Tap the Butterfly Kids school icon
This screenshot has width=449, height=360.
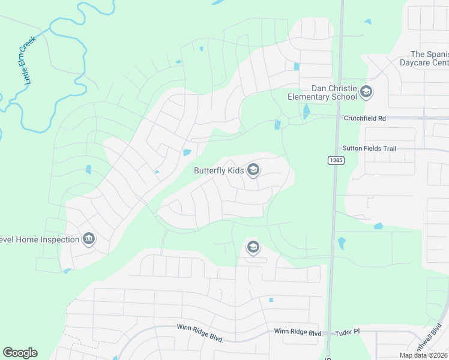pos(253,170)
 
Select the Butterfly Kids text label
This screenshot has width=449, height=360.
pos(218,170)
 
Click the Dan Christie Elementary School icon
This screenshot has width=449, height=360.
pos(366,92)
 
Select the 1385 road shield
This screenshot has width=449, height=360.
pos(336,160)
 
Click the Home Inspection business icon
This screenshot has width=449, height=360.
pos(89,239)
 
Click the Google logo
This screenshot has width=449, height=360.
pos(20,353)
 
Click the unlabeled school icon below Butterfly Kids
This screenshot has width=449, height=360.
pos(253,247)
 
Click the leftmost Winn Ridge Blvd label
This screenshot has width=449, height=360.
pos(200,333)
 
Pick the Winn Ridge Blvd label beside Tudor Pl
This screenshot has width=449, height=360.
pos(298,332)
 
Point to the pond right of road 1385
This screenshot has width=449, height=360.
pos(378,226)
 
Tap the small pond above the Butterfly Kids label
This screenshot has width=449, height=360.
pos(187,153)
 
